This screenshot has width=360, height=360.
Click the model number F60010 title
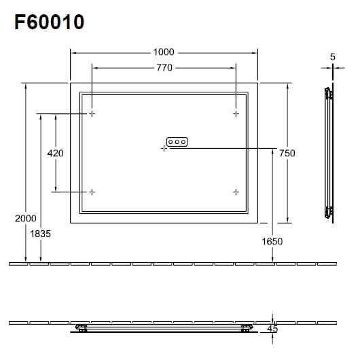(x=49, y=22)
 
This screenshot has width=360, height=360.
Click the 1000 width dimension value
(x=164, y=52)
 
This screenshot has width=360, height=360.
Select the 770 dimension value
(x=164, y=67)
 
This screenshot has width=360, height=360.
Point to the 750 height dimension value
(x=287, y=154)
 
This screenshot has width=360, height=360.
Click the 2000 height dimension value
(x=25, y=218)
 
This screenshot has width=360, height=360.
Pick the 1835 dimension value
(x=41, y=233)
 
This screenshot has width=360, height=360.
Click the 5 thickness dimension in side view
(x=333, y=58)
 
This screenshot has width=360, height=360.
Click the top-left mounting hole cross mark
(x=92, y=113)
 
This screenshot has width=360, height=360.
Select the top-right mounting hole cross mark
(x=236, y=113)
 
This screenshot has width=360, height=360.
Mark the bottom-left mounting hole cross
(x=92, y=192)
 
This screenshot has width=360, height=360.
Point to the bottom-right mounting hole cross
(x=236, y=192)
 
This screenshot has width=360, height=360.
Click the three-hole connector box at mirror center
(x=177, y=142)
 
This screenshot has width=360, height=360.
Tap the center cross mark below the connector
(x=164, y=148)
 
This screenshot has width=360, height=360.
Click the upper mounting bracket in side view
(x=329, y=93)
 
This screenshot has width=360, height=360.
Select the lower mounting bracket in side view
(x=329, y=212)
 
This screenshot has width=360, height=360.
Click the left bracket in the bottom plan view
(x=82, y=329)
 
